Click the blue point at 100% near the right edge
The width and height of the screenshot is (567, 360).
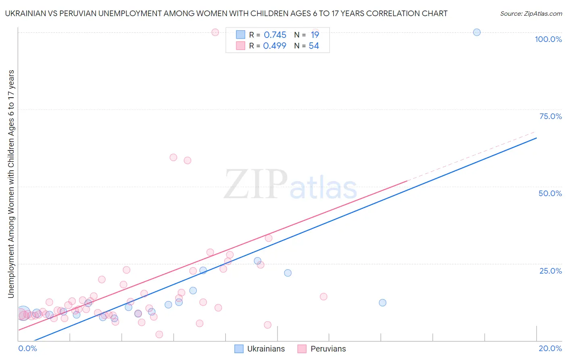click(477, 32)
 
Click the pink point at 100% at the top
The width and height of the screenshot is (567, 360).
click(215, 32)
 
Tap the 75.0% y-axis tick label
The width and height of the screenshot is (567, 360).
click(550, 116)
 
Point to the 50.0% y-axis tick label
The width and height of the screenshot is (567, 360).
click(550, 193)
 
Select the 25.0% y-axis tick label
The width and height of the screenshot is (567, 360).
click(550, 271)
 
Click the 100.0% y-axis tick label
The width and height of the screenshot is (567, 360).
click(548, 39)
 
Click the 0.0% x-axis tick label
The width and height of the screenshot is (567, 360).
click(27, 348)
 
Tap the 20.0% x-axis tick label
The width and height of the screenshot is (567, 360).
click(550, 348)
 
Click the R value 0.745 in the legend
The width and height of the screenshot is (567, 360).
click(275, 35)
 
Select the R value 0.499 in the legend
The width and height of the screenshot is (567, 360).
click(275, 46)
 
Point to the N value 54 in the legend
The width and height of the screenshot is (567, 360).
click(314, 46)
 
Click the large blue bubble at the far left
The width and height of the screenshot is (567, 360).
click(23, 313)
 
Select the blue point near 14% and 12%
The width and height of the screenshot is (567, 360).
click(382, 303)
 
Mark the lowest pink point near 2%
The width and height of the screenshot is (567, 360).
click(159, 334)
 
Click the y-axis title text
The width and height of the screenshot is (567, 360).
click(11, 184)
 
